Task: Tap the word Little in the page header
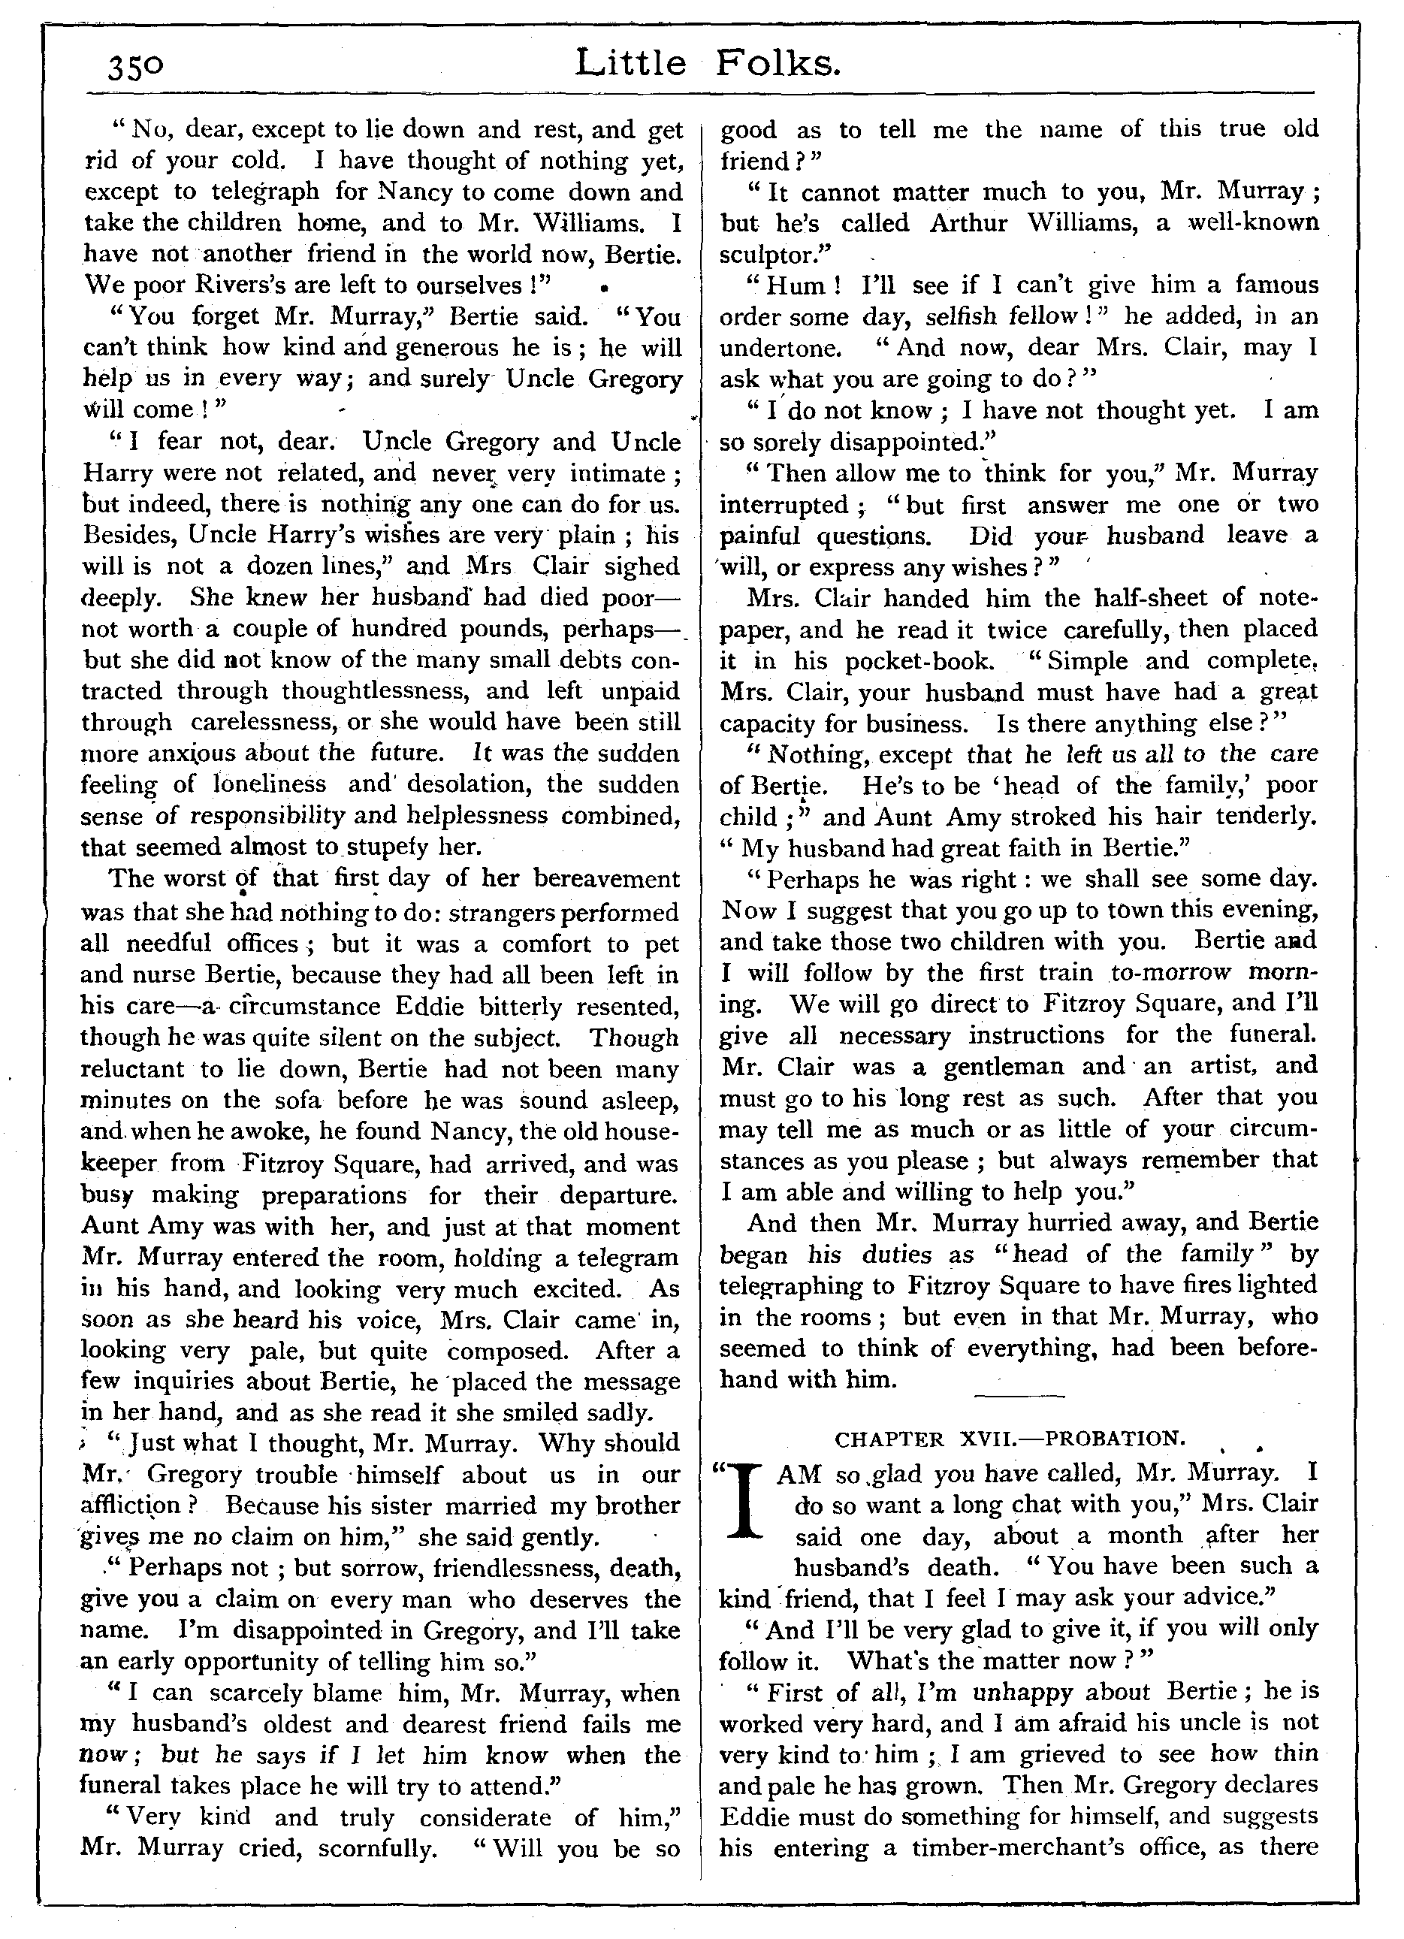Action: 631,63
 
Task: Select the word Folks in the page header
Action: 778,63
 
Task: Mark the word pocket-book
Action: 920,661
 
